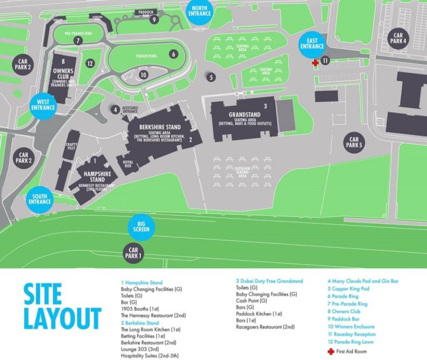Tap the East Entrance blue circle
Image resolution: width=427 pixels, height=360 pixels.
tap(312, 43)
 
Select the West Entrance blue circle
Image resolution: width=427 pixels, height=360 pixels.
tap(43, 105)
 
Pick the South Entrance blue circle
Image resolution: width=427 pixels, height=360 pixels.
tap(40, 199)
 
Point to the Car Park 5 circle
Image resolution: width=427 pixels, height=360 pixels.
tap(354, 143)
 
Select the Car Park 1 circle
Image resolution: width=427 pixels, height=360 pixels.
tap(133, 253)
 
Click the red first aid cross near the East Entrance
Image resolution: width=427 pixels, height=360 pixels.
tap(316, 62)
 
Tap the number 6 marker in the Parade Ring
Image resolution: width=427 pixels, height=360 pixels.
tap(173, 54)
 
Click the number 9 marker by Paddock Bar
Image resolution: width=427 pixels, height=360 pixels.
tap(154, 19)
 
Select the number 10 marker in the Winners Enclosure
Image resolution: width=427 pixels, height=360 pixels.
tap(143, 75)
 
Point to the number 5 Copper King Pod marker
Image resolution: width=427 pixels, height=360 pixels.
tap(211, 77)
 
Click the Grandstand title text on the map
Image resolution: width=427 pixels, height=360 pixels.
tap(244, 115)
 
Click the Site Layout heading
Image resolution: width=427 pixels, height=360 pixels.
tap(62, 306)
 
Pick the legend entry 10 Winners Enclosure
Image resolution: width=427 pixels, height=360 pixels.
tap(351, 327)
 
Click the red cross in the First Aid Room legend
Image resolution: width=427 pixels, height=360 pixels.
tap(331, 351)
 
